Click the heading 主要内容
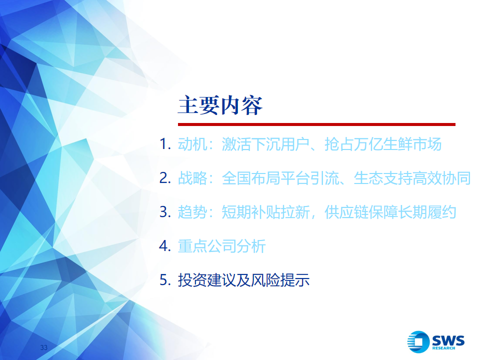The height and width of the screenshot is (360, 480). [x=220, y=105]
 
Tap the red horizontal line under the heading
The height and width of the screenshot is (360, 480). [x=316, y=124]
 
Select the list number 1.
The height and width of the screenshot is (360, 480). [x=164, y=144]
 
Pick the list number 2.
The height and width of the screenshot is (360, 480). [x=164, y=178]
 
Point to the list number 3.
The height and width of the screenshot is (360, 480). [x=164, y=212]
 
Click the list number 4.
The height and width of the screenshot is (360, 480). [x=164, y=246]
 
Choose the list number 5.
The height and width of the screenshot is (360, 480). [x=164, y=280]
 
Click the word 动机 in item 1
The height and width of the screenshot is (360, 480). [x=192, y=144]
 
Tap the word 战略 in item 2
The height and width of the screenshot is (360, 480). [x=192, y=178]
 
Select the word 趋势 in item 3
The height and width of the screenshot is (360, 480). [x=192, y=212]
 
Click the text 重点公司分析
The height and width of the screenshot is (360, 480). [x=221, y=246]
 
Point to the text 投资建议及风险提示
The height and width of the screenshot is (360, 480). [x=243, y=280]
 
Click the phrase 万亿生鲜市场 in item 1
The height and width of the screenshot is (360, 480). [x=397, y=144]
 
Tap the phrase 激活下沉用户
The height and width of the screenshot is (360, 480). [x=265, y=144]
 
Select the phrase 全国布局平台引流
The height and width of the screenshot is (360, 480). [x=280, y=178]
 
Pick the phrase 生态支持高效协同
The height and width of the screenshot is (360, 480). [x=412, y=178]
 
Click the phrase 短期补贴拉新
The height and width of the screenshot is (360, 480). [x=265, y=212]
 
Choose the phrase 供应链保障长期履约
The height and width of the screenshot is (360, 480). [x=390, y=212]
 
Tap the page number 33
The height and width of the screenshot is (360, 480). [x=44, y=347]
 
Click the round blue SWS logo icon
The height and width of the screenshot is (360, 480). [x=418, y=341]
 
